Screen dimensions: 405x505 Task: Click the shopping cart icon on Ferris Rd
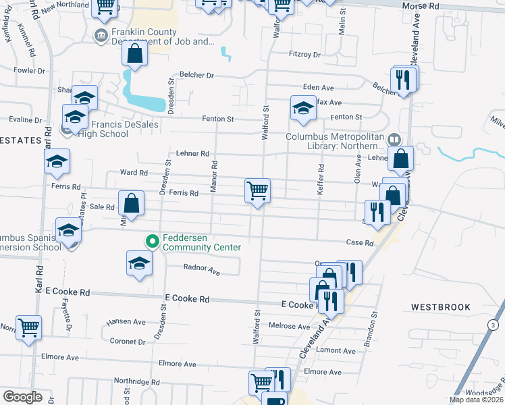pos(257,191)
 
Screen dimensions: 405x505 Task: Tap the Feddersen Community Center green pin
pos(153,240)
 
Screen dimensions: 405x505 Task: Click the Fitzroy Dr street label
pos(304,54)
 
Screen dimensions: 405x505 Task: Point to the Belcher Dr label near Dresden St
pos(196,76)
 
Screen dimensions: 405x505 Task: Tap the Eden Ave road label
pos(319,88)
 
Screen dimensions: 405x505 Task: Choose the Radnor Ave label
pos(202,271)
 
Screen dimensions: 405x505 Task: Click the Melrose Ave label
pos(289,326)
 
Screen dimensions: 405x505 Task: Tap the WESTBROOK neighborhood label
pos(440,307)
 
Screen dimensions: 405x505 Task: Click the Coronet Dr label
pos(119,341)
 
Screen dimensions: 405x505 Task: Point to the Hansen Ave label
pos(126,322)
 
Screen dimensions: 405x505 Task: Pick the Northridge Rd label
pos(136,381)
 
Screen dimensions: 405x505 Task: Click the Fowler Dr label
pos(29,70)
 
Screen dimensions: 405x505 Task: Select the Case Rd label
pos(359,243)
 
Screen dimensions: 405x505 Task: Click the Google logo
pos(23,397)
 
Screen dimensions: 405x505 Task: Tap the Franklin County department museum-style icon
pos(101,35)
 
